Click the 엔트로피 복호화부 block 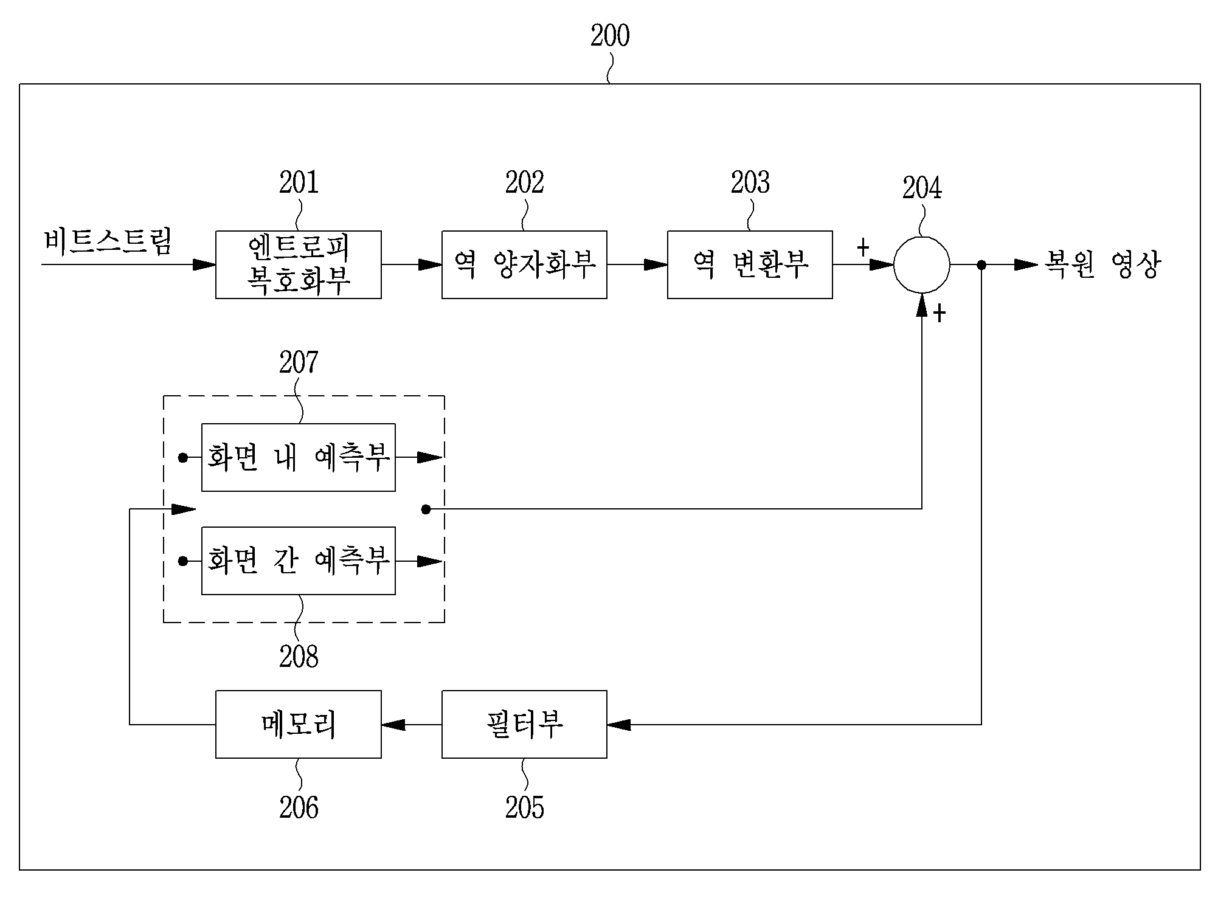pyautogui.click(x=299, y=264)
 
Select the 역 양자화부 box pyautogui.click(x=524, y=264)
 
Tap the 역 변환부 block pyautogui.click(x=750, y=264)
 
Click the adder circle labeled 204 pyautogui.click(x=921, y=264)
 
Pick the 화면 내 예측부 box pyautogui.click(x=299, y=457)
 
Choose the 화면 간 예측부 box pyautogui.click(x=299, y=561)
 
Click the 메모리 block pyautogui.click(x=299, y=724)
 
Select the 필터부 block pyautogui.click(x=524, y=724)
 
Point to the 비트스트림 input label pyautogui.click(x=108, y=241)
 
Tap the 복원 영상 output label pyautogui.click(x=1102, y=264)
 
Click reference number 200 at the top pyautogui.click(x=610, y=36)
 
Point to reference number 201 pyautogui.click(x=299, y=182)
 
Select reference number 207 pyautogui.click(x=299, y=362)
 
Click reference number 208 pyautogui.click(x=299, y=657)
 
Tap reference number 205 pyautogui.click(x=524, y=807)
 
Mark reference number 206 pyautogui.click(x=299, y=807)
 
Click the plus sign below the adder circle pyautogui.click(x=940, y=314)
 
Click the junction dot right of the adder pyautogui.click(x=981, y=264)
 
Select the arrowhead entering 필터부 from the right pyautogui.click(x=619, y=724)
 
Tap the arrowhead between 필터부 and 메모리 pyautogui.click(x=393, y=724)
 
